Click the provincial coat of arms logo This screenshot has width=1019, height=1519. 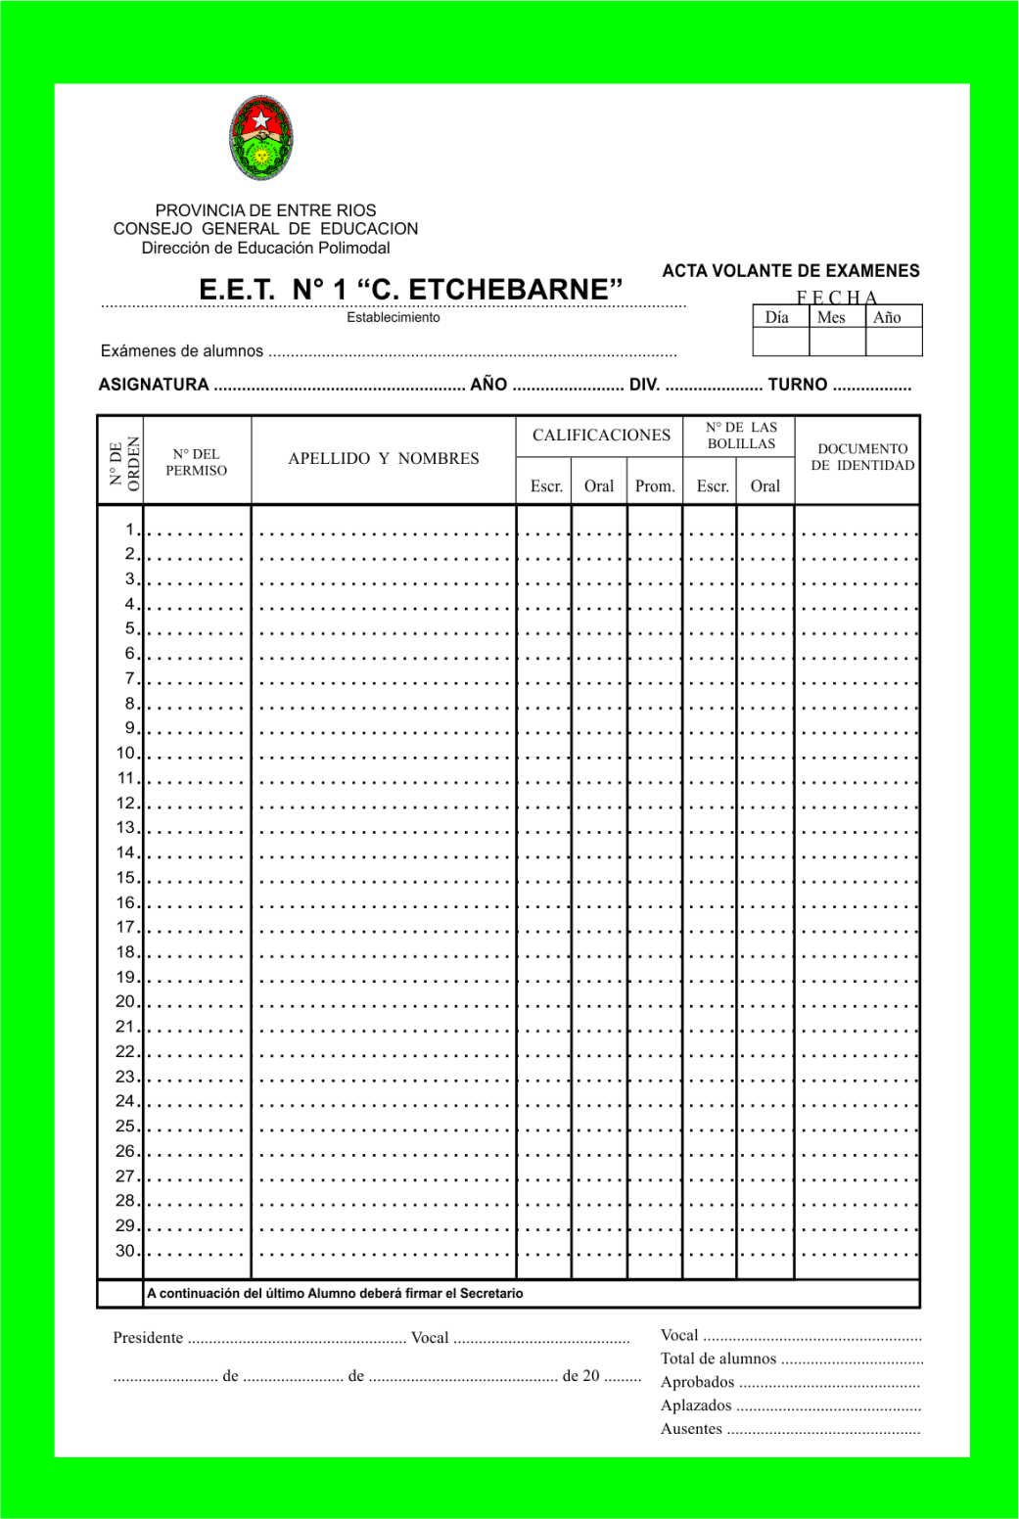point(261,138)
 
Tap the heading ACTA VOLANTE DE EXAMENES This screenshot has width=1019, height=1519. point(791,271)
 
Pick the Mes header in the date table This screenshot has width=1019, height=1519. point(831,317)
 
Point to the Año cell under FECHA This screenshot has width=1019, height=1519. point(887,317)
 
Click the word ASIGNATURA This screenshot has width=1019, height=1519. point(154,385)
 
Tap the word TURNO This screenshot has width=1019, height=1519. point(797,385)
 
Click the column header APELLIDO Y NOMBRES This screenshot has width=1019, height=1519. point(384,458)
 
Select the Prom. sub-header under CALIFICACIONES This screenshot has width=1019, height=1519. point(655,486)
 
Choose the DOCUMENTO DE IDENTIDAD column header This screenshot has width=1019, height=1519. point(862,457)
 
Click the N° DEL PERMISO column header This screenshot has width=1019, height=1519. point(196,462)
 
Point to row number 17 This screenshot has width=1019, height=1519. point(125,927)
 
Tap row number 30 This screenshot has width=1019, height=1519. point(125,1250)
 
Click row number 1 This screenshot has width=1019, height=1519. point(129,529)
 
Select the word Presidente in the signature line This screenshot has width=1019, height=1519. point(148,1338)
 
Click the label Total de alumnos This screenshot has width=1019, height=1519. point(718,1358)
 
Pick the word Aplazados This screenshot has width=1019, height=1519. point(696,1405)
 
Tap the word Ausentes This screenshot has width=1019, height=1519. point(691,1429)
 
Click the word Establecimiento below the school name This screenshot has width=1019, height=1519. point(394,317)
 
